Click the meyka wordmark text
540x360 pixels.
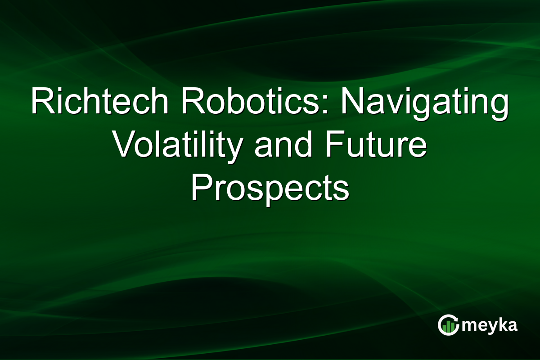489,325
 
